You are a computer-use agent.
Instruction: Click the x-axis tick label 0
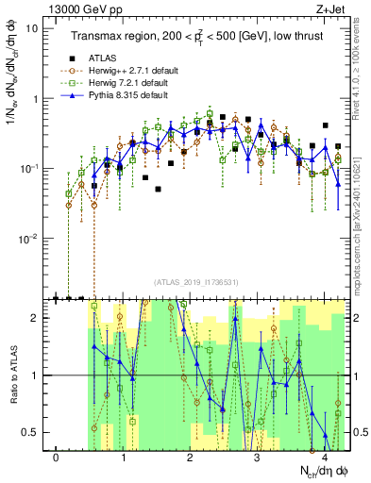pos(57,458)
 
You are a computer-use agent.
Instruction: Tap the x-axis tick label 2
pos(191,458)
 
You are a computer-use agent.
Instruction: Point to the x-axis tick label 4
pos(324,458)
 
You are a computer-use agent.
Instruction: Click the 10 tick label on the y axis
pos(33,28)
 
